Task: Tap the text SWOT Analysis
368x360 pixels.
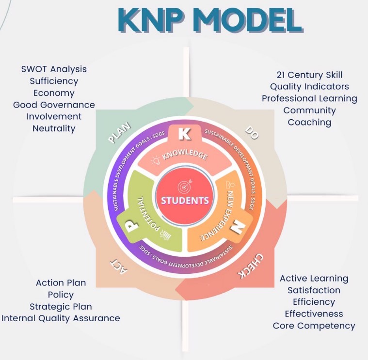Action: click(54, 69)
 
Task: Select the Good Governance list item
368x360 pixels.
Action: click(54, 105)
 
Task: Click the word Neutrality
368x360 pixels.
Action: click(54, 128)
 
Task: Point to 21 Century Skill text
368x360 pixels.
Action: click(309, 75)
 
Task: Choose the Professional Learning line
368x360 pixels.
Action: click(309, 98)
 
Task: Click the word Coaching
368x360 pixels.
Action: click(309, 122)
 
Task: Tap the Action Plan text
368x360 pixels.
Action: click(61, 282)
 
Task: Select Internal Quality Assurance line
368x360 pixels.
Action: click(61, 318)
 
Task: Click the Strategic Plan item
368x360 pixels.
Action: click(61, 306)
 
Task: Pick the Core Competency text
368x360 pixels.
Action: click(314, 326)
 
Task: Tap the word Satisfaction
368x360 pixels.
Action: click(314, 290)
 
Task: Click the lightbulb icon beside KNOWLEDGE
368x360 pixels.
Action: click(156, 160)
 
